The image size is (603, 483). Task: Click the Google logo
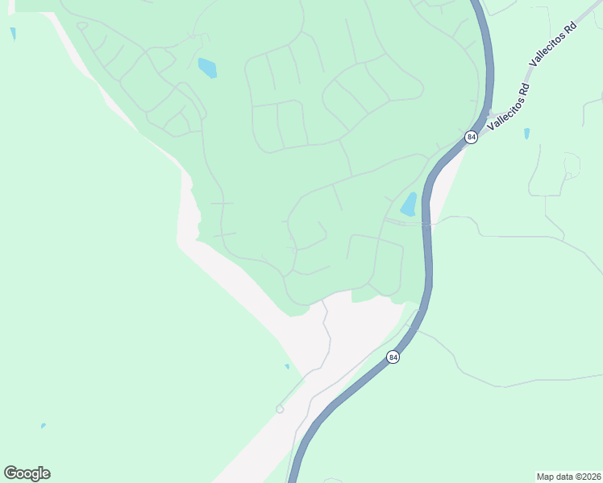coord(27,473)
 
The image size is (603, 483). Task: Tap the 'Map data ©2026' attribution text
coord(569,476)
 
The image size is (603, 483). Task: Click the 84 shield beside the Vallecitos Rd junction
coord(472,138)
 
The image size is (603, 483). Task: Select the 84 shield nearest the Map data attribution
coord(393,357)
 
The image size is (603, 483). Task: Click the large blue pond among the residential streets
coord(207,68)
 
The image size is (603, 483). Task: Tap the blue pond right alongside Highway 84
coord(410,204)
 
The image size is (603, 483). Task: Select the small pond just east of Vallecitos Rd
coord(526,133)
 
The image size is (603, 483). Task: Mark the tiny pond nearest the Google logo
coord(43,426)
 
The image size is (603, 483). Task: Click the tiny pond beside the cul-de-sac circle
coord(287,367)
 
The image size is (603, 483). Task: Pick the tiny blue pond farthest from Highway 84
coord(13,33)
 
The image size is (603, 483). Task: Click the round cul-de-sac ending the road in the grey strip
coord(280,409)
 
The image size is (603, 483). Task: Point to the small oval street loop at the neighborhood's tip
coord(82,26)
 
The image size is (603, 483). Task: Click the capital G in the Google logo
coord(11,473)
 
